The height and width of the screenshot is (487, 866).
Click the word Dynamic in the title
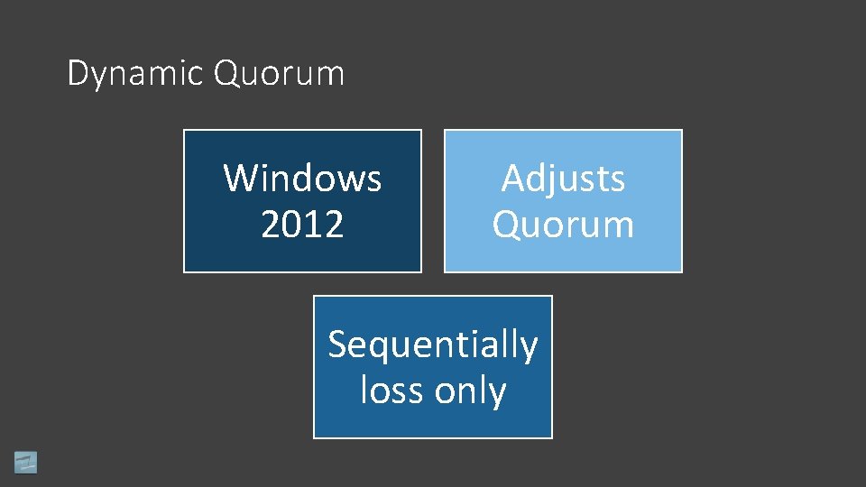tap(135, 73)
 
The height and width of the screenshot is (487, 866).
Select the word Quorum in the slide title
tap(279, 73)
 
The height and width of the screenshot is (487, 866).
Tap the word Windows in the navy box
tap(302, 178)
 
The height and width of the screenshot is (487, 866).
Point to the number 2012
tap(302, 225)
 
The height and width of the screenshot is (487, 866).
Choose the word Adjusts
tap(563, 178)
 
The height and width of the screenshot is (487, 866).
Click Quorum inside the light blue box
tap(563, 225)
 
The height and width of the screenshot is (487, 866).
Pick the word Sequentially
tap(432, 345)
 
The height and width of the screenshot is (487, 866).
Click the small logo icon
tap(25, 462)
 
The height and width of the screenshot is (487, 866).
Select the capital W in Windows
tap(242, 178)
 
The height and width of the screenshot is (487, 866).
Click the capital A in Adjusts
tap(513, 178)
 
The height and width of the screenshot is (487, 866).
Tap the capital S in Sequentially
tap(338, 345)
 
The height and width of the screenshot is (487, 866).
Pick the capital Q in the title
tap(226, 73)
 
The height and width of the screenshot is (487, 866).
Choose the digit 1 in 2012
tap(313, 225)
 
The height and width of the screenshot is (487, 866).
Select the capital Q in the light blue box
tap(506, 225)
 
